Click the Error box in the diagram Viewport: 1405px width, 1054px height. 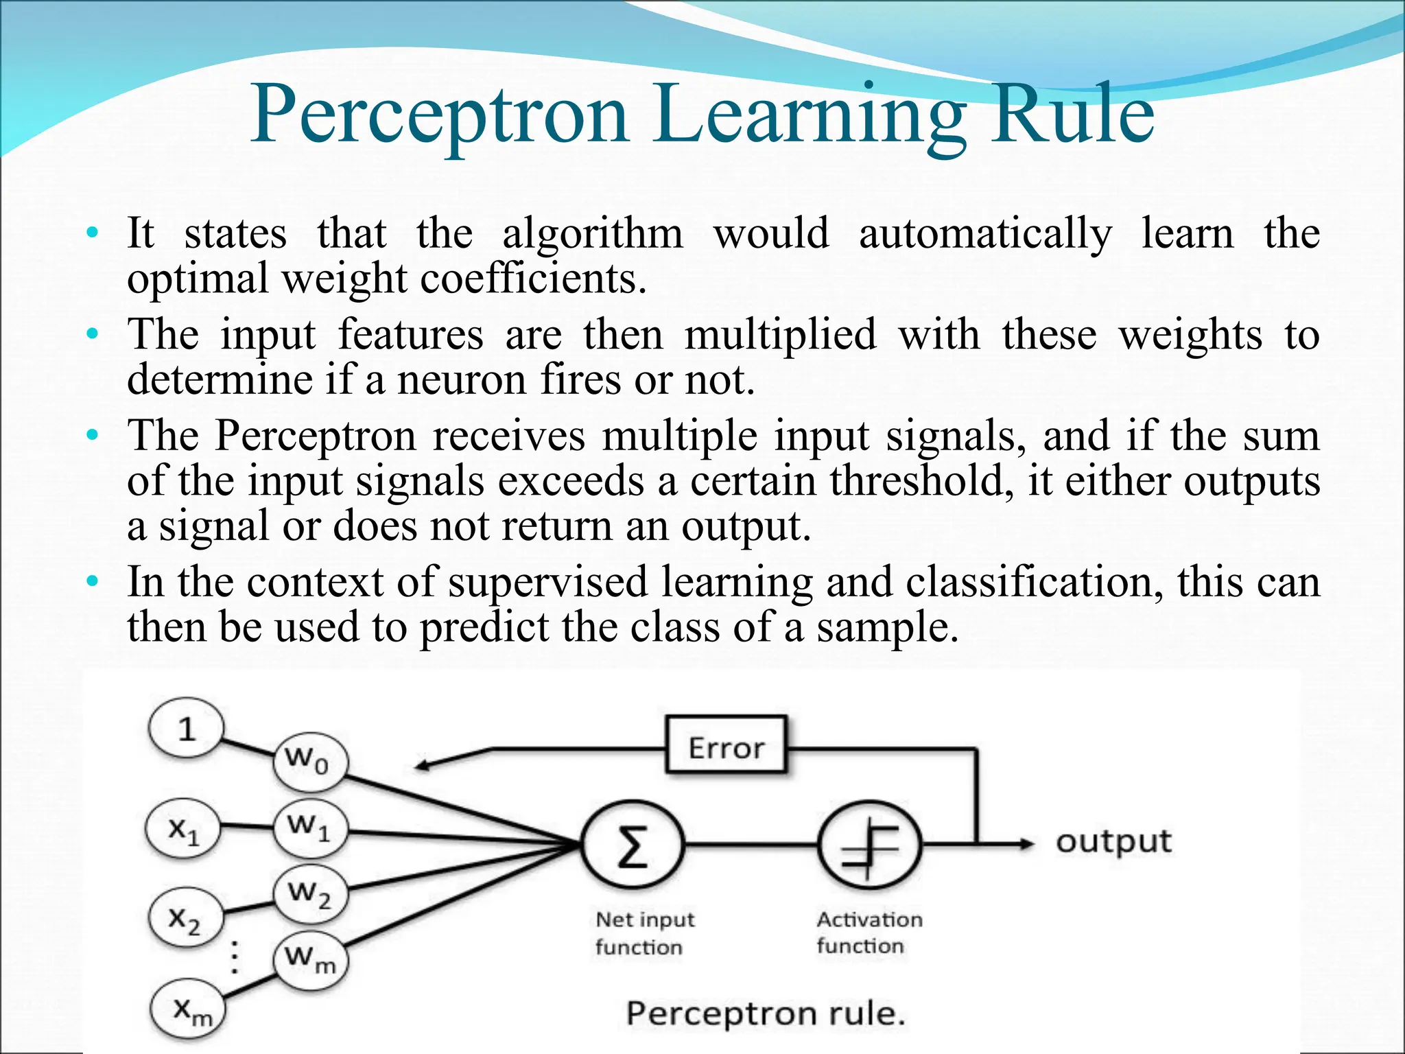[726, 746]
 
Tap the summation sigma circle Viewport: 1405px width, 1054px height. [633, 845]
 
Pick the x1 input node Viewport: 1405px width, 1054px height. [183, 831]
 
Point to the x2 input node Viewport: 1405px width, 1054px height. [185, 918]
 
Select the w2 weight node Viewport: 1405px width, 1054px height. [309, 893]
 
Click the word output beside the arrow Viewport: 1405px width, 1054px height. [1113, 842]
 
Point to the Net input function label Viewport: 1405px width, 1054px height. [644, 933]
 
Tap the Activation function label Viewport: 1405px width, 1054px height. [869, 932]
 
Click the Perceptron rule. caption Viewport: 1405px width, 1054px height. [766, 1014]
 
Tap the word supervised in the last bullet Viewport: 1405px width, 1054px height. [547, 583]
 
